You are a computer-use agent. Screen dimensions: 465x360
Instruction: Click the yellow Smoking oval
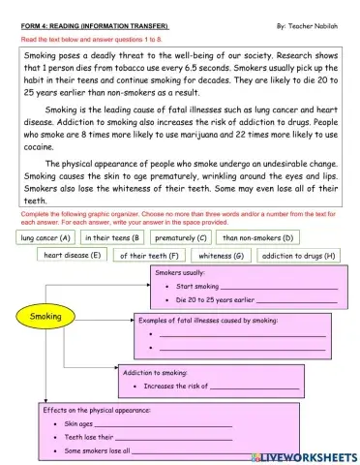(45, 316)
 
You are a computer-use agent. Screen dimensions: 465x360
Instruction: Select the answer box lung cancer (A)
(45, 237)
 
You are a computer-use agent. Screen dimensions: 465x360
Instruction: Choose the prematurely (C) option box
(181, 237)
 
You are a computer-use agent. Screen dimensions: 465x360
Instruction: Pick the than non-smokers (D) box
(258, 237)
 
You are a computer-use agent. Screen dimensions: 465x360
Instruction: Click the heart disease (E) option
(72, 256)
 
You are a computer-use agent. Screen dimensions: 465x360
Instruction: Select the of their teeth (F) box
(148, 256)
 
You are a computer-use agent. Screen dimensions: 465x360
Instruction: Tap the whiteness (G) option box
(221, 256)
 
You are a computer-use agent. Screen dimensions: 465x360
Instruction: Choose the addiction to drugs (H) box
(298, 256)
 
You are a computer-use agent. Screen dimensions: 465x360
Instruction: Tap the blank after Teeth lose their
(173, 437)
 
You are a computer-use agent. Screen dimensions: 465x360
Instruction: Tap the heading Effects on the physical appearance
(97, 410)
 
